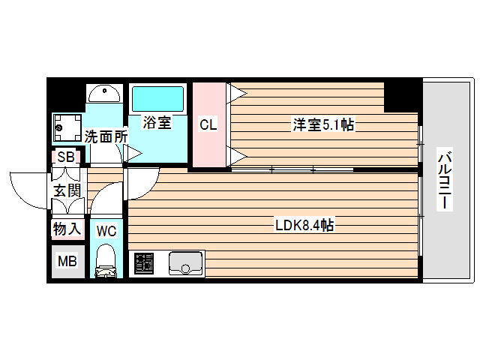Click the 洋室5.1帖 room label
point(323,125)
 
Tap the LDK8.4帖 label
point(303,223)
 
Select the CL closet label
point(208,125)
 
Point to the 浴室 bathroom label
point(157,122)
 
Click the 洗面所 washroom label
point(106,136)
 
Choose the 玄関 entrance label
point(66,190)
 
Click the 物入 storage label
point(67,229)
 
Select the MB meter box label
point(67,262)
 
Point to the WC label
point(106,230)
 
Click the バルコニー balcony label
point(444,181)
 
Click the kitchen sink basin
point(184,264)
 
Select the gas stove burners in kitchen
point(143,264)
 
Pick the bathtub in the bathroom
point(158,99)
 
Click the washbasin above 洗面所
point(104,94)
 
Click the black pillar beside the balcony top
point(403,94)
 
